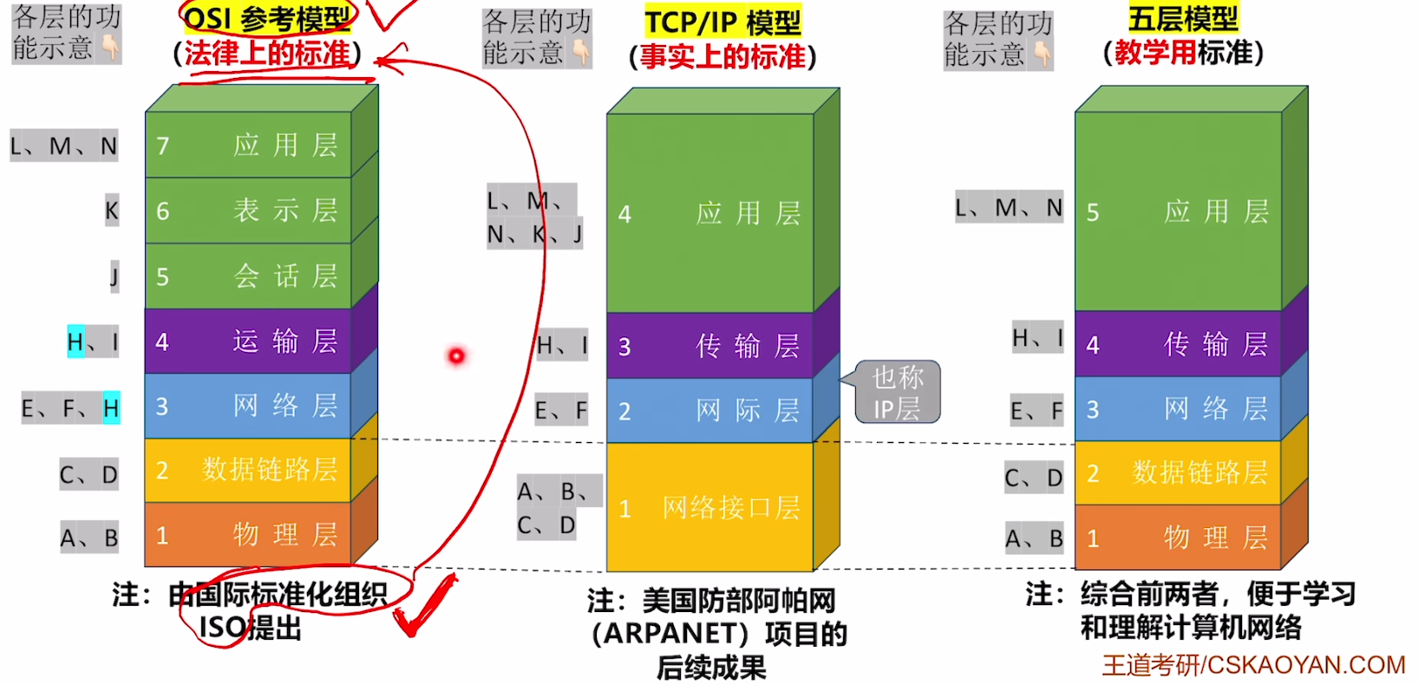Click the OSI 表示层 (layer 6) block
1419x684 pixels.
248,211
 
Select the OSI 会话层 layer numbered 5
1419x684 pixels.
248,277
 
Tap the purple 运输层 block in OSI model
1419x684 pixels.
248,342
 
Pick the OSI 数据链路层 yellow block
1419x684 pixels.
248,470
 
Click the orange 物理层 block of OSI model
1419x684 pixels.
248,535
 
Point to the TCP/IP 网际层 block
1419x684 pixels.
709,410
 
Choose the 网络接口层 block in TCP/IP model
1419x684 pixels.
709,507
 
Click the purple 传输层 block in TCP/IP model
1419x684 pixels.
709,346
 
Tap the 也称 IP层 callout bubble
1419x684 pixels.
898,392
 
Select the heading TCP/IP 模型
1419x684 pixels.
723,23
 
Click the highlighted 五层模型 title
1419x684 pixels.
1183,18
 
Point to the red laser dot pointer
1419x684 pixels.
456,355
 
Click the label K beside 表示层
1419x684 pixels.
112,211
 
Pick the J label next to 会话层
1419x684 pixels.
114,277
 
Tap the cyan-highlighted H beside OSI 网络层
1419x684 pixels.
111,407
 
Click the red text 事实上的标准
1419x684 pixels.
723,56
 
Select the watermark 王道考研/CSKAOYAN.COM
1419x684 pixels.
1252,665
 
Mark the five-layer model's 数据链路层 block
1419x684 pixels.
1178,472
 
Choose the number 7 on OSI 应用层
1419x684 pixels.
163,146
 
